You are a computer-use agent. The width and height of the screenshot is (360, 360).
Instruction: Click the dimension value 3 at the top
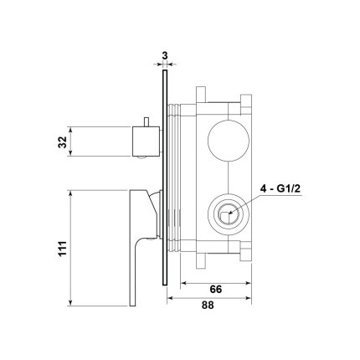(x=165, y=55)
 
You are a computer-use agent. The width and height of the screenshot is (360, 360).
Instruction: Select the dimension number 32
(x=63, y=141)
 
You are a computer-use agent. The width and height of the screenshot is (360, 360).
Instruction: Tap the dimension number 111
(x=63, y=248)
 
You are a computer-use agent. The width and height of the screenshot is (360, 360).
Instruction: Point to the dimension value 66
(x=215, y=289)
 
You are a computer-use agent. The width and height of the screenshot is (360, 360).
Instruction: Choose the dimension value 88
(x=208, y=305)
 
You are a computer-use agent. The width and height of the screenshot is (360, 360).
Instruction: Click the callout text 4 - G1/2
(x=280, y=189)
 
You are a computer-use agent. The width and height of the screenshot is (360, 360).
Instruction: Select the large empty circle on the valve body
(x=229, y=141)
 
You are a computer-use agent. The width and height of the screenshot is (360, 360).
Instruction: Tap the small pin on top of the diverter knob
(x=146, y=122)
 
